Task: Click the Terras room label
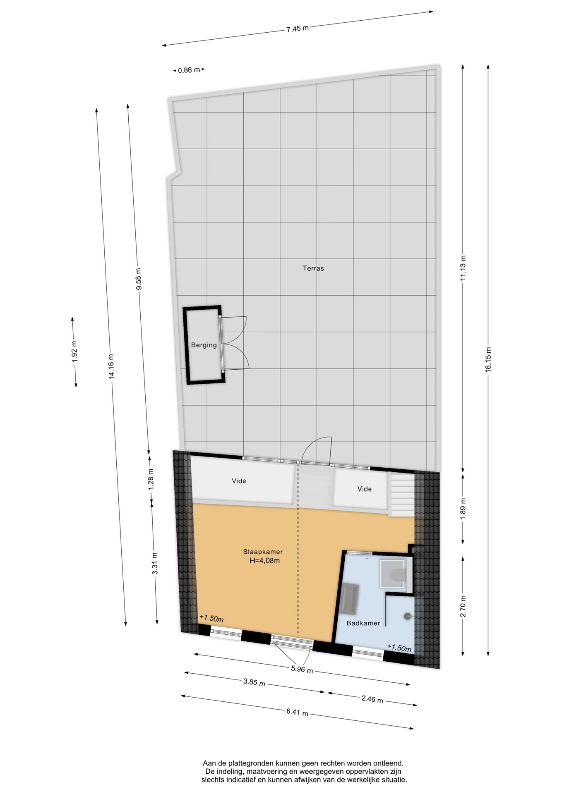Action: coord(313,268)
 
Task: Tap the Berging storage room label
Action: coord(204,345)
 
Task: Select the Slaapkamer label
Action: coord(263,552)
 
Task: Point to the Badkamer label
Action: coord(363,623)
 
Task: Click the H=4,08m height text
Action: coord(264,561)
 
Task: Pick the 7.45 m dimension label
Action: coord(298,29)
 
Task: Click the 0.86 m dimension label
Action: coord(189,70)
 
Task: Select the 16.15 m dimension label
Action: coord(488,359)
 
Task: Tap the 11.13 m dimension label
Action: coord(463,268)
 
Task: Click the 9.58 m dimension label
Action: coord(139,279)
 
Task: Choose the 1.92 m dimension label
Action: coord(74,352)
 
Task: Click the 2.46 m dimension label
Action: coord(372,699)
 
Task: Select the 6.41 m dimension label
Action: coord(297,713)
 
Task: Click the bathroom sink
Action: coord(350,599)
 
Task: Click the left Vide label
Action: coord(239,481)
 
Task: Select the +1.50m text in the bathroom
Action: coord(399,648)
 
